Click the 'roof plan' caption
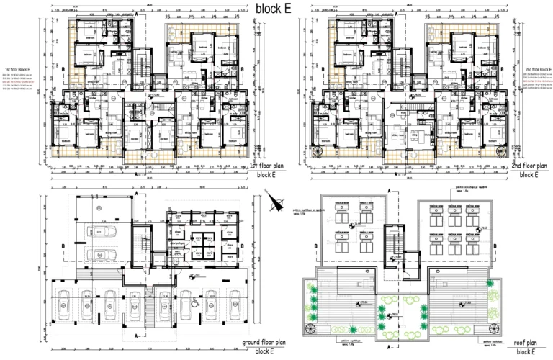pyautogui.click(x=529, y=343)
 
